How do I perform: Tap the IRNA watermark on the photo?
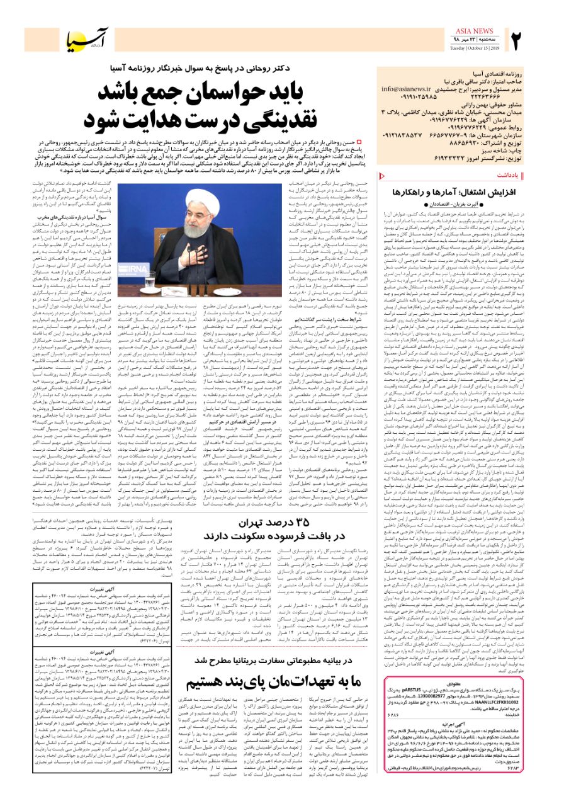point(153,286)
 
